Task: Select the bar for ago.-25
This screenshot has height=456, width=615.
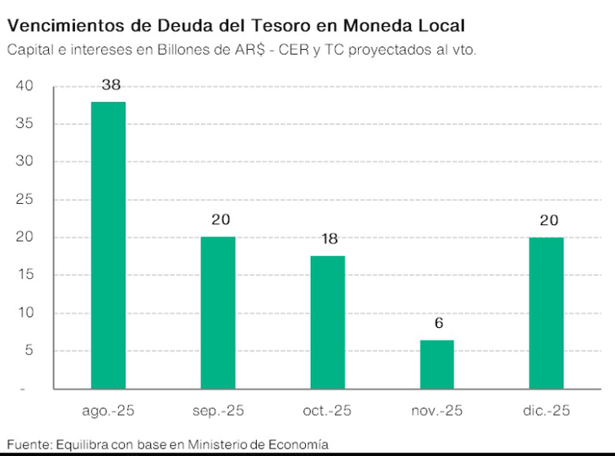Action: coord(109,244)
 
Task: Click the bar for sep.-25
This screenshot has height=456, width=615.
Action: coord(218,312)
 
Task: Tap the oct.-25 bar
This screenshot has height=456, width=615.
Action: coord(328,322)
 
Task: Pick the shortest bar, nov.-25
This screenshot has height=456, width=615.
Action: coord(436,364)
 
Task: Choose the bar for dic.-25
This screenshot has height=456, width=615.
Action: coord(546,313)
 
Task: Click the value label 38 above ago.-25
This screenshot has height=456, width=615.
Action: coord(109,85)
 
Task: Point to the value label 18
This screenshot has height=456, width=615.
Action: coord(328,239)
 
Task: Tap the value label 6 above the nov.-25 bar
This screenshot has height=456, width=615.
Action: coord(438,323)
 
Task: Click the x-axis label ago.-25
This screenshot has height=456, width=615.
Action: coord(109,411)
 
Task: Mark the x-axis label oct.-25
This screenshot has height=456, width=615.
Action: coord(327,411)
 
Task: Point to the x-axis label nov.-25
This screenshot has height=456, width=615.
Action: coord(436,411)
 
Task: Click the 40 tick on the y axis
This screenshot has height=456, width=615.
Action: coord(24,86)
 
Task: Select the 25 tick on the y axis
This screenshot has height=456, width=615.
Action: coord(24,200)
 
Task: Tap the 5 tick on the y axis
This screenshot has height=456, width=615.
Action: coord(28,351)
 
